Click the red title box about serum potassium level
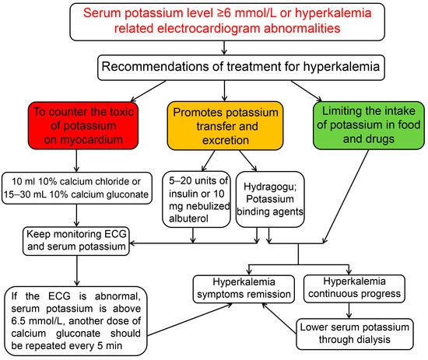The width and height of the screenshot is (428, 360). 213,22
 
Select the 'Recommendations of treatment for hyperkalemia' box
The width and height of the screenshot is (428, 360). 213,68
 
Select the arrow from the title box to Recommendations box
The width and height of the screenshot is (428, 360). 213,48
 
